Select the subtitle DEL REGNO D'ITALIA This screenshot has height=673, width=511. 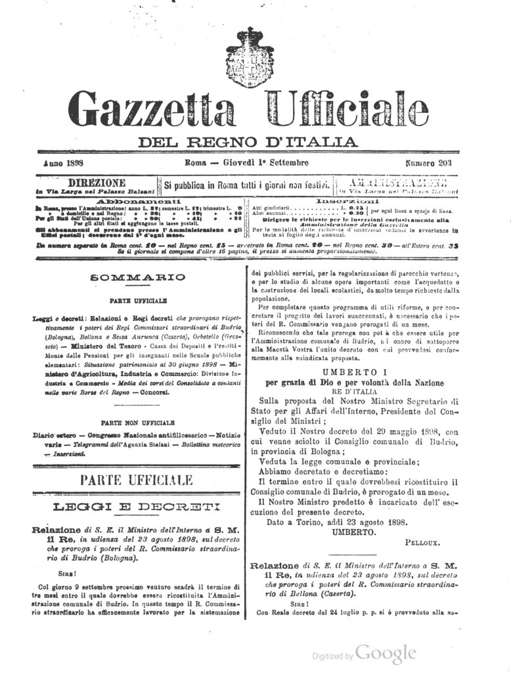[248, 141]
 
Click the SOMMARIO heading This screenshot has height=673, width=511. [129, 279]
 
